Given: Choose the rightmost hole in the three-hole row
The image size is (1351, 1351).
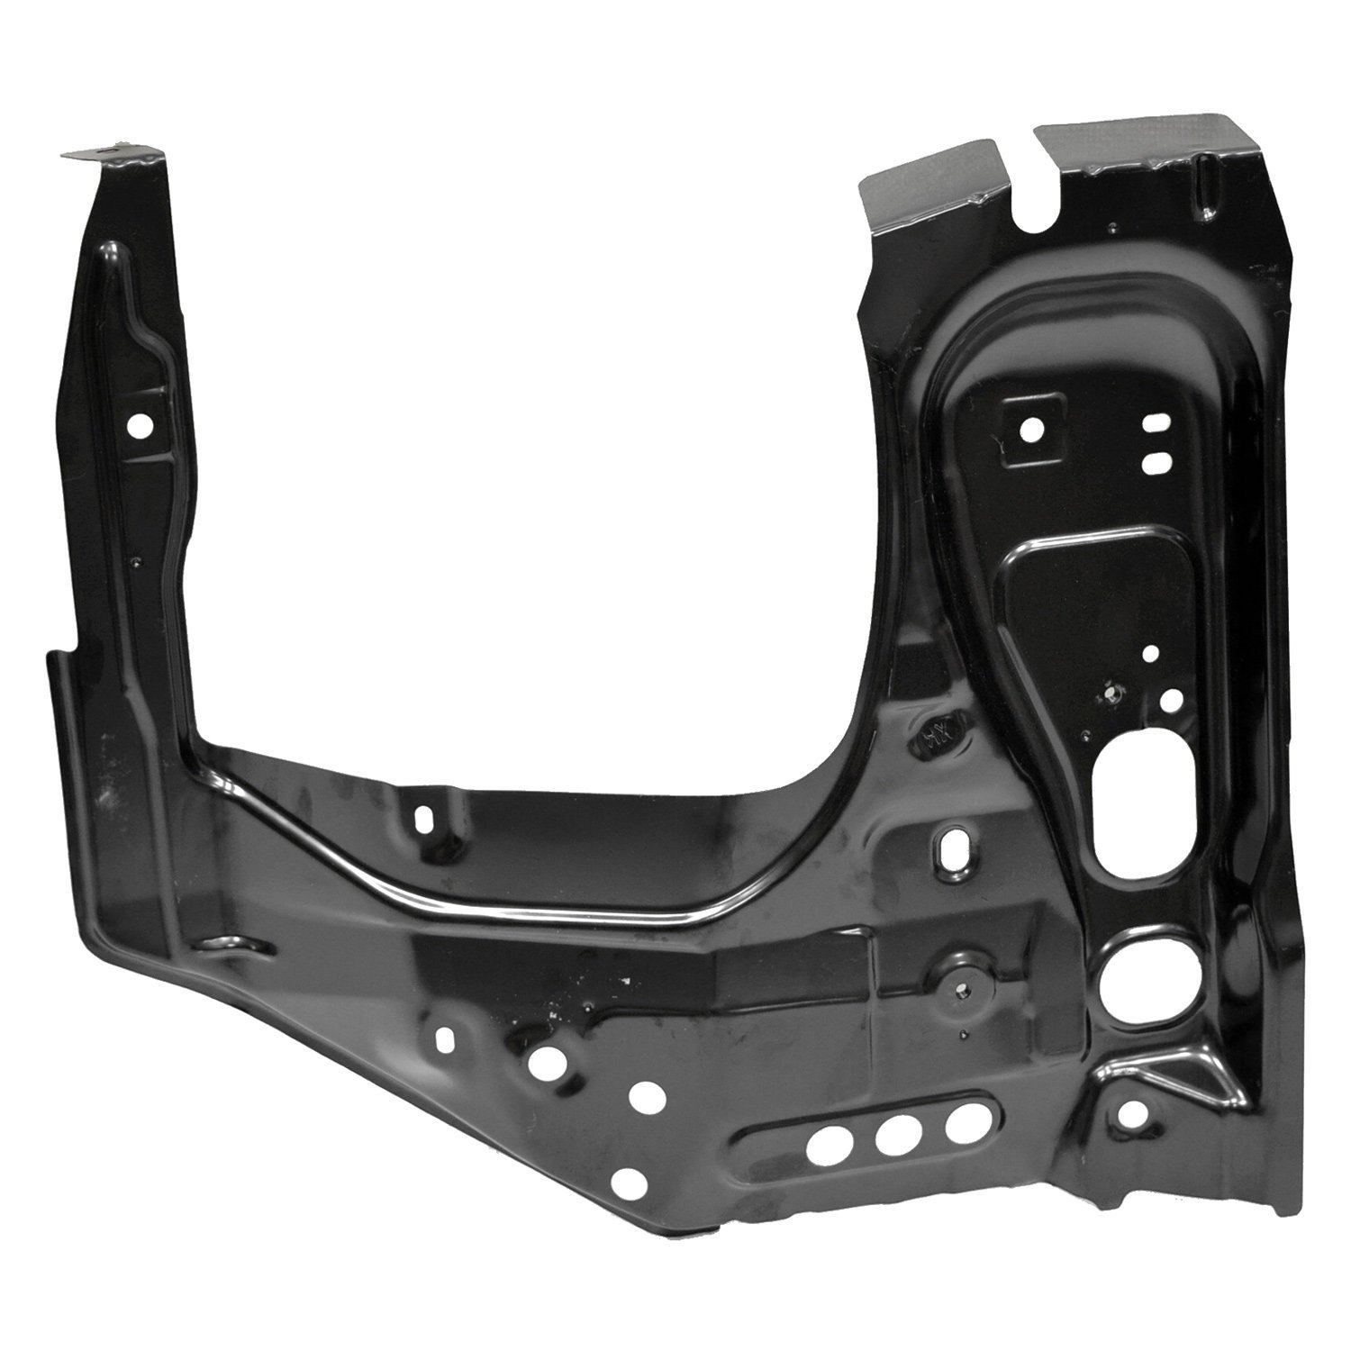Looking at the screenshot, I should click(961, 1121).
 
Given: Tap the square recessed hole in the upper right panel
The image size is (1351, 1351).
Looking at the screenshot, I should click(1030, 428).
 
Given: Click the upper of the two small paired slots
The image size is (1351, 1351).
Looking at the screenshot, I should click(1154, 424).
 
